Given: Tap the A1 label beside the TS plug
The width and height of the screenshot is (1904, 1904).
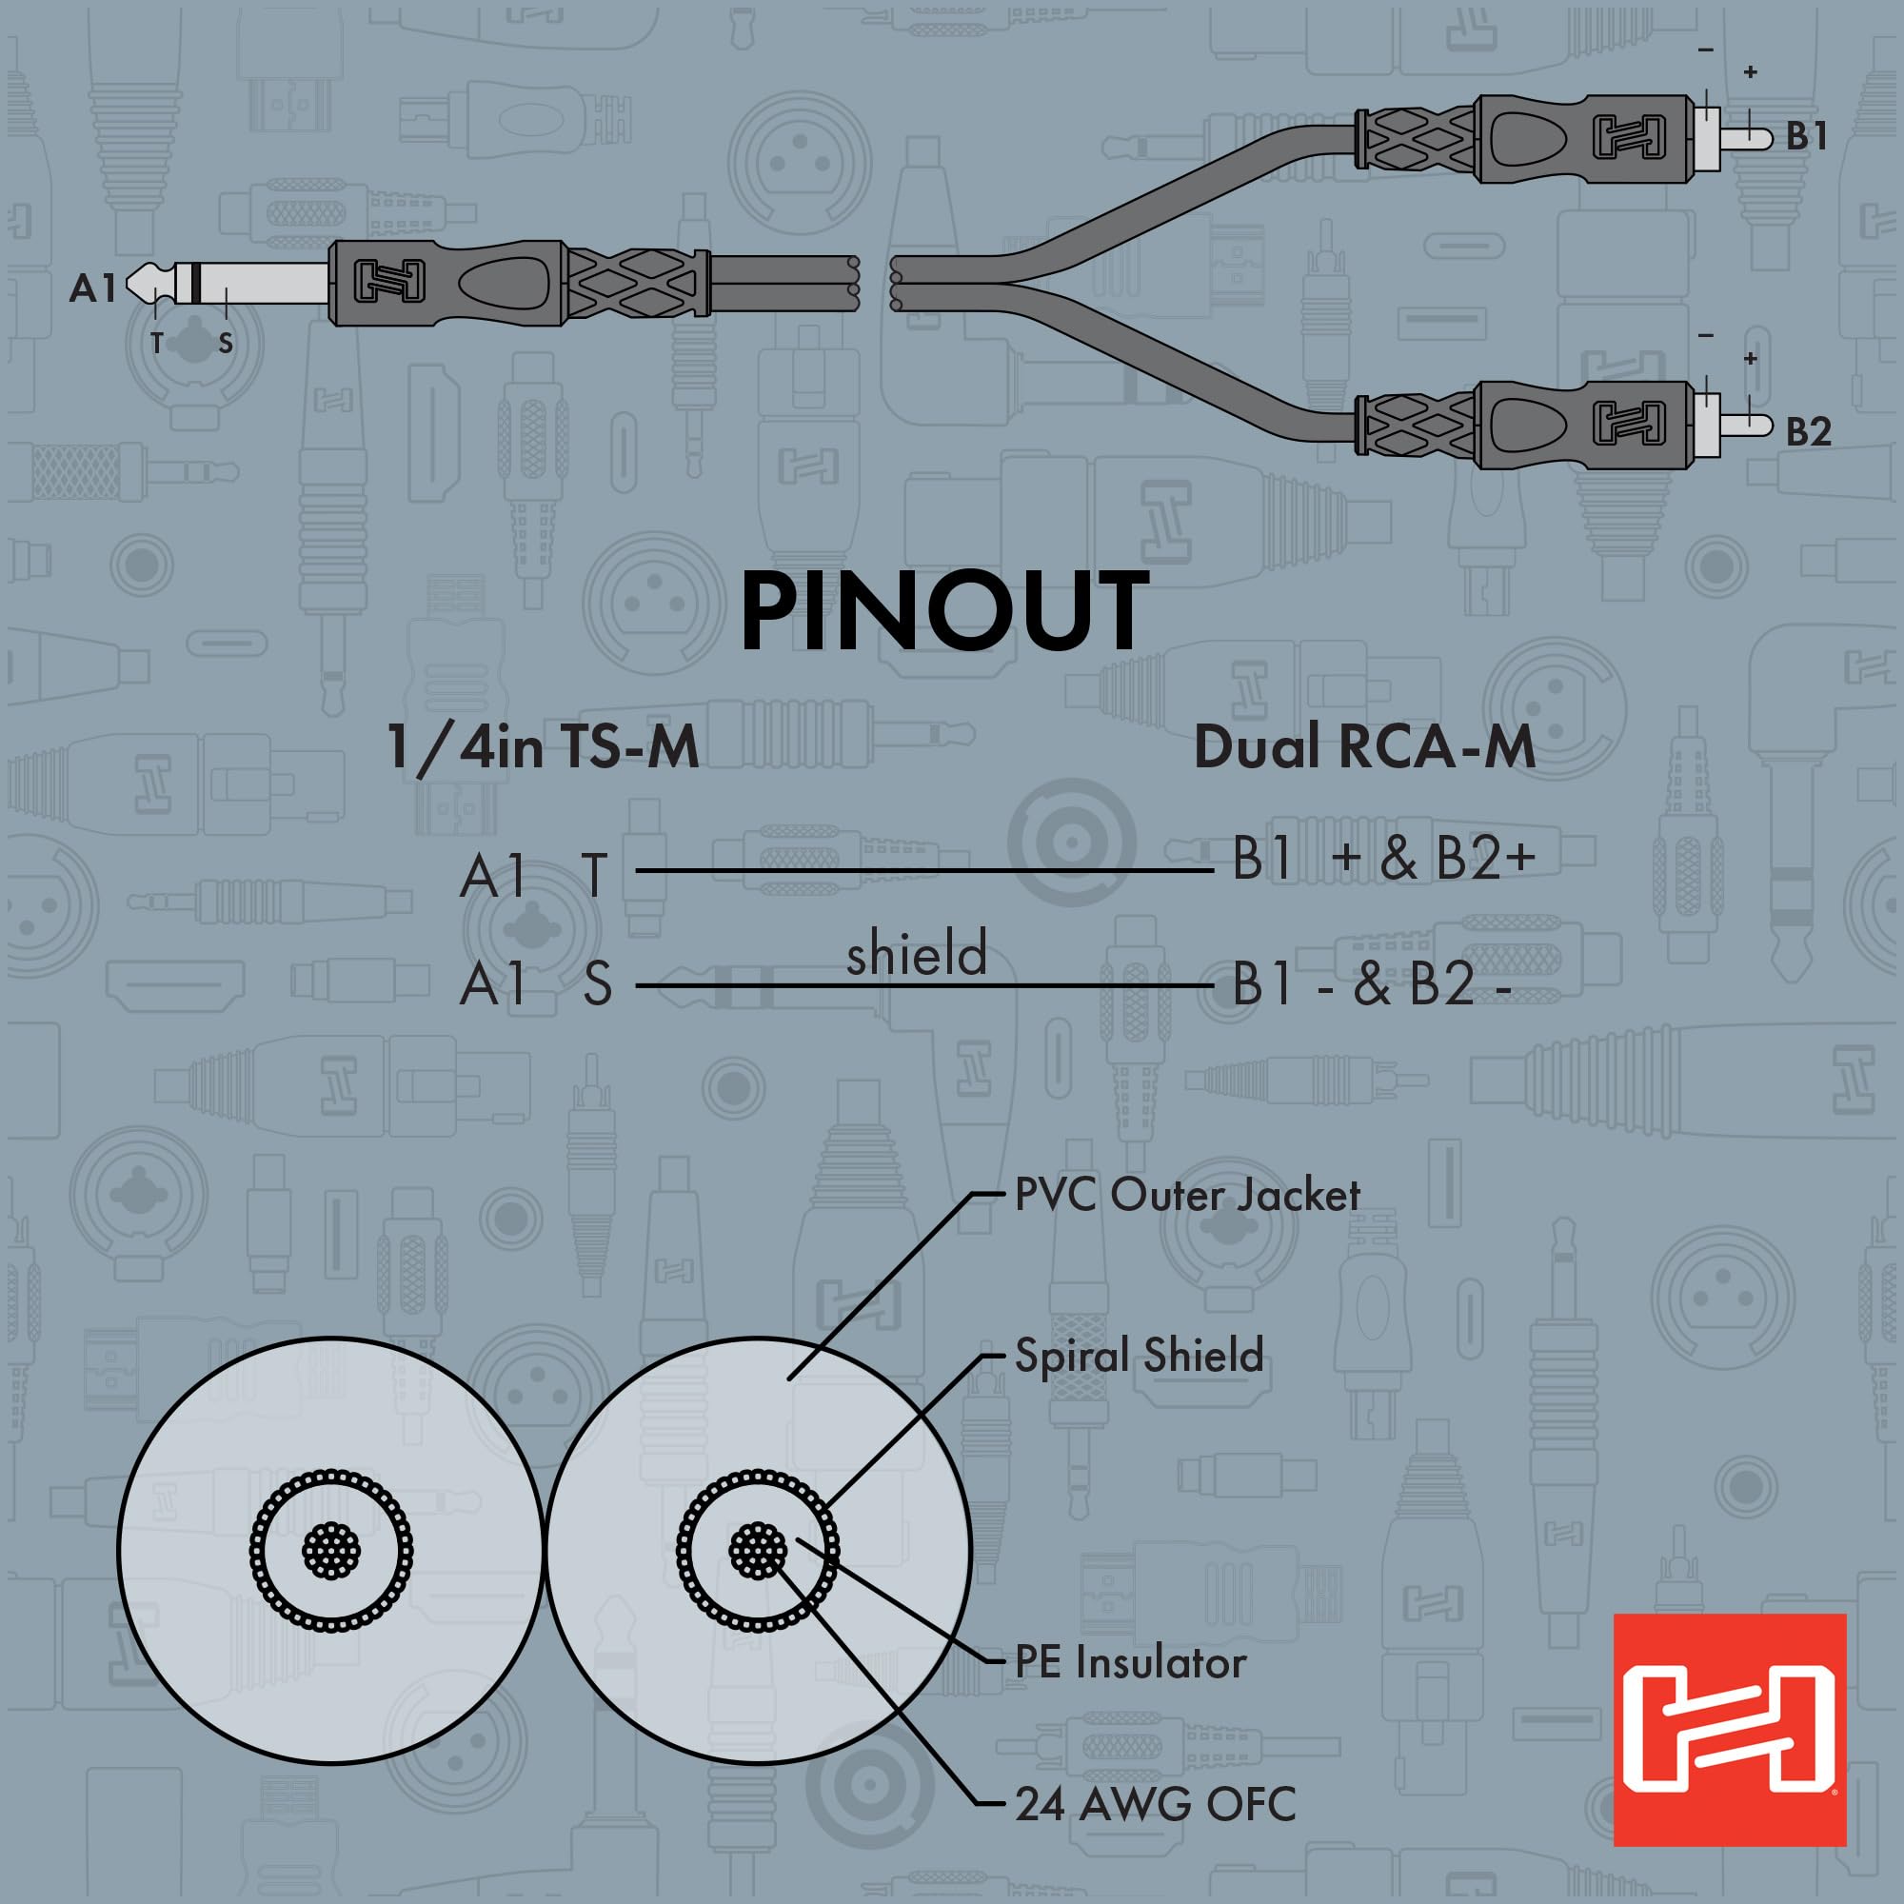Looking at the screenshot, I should (92, 288).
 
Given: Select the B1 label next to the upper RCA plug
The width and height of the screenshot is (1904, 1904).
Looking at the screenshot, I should (1808, 137).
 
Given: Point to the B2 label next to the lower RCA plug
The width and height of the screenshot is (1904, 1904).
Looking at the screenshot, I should (1809, 431).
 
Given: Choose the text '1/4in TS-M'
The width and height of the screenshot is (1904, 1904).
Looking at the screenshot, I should (543, 747).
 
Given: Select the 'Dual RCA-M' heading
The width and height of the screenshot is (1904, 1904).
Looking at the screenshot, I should (1364, 747).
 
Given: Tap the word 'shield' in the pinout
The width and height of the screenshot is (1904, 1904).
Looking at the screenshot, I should (917, 954).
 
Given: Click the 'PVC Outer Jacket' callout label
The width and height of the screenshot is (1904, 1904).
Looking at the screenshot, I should (1186, 1196).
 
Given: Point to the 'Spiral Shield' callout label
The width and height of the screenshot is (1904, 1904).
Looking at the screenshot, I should (1139, 1355).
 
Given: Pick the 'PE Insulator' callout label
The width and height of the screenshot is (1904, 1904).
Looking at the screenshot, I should (1130, 1662).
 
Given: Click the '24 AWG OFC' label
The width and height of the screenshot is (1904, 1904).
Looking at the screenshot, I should (1155, 1804).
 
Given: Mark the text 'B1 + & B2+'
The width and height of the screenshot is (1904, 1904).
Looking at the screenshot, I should (1383, 859).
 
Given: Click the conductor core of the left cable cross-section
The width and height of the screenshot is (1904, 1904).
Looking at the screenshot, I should (331, 1551).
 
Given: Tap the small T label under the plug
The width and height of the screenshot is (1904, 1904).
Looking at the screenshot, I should (157, 343).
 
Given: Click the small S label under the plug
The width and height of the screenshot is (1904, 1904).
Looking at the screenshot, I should (226, 343).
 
